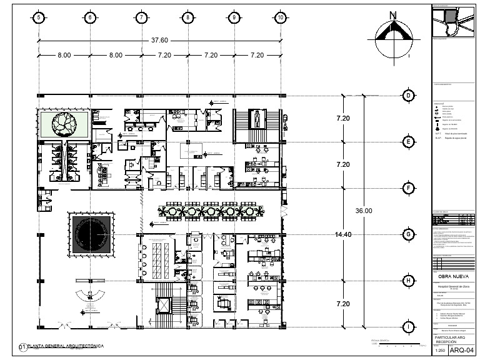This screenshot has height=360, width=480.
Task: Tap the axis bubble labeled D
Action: click(x=408, y=95)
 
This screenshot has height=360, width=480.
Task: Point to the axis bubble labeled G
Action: click(x=408, y=234)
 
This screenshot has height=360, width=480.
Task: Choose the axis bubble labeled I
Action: click(x=408, y=327)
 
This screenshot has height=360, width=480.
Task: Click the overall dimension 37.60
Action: click(x=159, y=40)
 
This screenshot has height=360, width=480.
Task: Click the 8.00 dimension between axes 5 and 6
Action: click(x=64, y=55)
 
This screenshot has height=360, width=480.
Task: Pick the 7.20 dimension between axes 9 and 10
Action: click(x=257, y=55)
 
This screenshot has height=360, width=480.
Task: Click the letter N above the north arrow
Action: click(x=392, y=15)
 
